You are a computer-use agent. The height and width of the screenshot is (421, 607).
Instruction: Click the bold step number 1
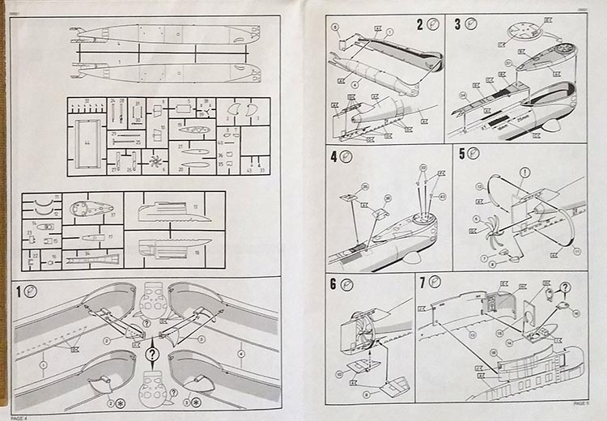pos(18,289)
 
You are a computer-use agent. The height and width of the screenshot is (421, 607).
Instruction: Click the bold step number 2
pos(421,24)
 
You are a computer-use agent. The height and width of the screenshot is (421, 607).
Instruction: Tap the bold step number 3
pos(458,24)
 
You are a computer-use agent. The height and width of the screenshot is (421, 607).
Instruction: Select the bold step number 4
pos(333,155)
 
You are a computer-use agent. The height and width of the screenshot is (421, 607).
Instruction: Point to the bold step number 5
pos(462,153)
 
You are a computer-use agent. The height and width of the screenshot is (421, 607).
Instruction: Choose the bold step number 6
pos(333,283)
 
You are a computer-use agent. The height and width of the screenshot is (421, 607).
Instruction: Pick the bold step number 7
pos(422,283)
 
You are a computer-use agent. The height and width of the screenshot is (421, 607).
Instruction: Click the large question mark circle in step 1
pos(151,354)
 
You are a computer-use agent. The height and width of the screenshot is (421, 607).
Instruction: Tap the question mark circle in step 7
pos(565,287)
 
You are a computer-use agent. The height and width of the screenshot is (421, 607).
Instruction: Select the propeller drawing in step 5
pos(492,237)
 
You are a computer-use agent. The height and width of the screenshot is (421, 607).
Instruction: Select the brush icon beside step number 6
pos(346,283)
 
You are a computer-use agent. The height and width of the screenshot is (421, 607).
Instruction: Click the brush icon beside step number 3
pos(472,24)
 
